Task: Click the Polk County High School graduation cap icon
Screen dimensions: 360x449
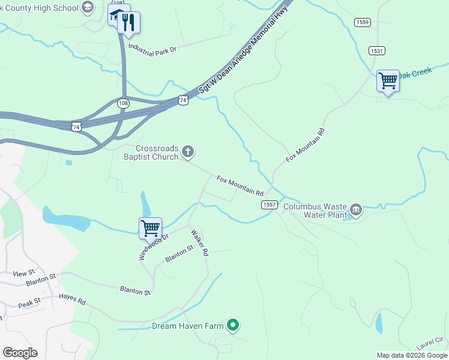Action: click(88, 8)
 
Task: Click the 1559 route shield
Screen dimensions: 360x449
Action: click(362, 23)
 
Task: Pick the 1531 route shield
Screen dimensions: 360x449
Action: click(376, 51)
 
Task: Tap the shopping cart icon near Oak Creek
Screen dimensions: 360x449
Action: click(388, 81)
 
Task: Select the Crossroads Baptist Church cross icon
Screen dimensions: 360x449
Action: click(188, 152)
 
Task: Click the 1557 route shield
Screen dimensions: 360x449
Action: click(269, 205)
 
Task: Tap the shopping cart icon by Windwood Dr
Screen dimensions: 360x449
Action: click(150, 228)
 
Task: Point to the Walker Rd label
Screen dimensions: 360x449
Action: click(199, 243)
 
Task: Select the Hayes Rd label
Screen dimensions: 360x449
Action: click(72, 299)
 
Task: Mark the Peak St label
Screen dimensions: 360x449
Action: click(29, 303)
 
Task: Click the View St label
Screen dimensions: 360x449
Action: click(24, 273)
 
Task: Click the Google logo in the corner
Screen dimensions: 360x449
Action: click(20, 353)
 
